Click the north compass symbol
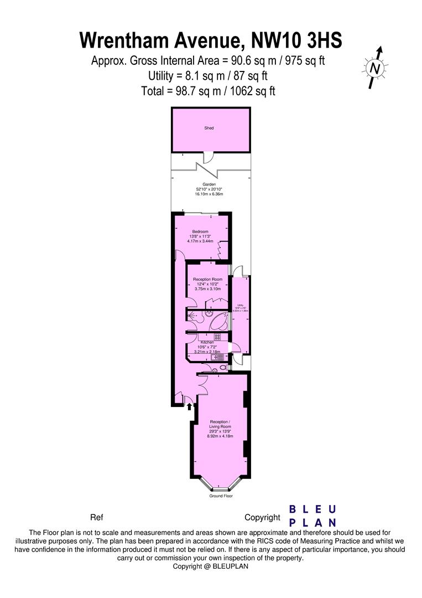coord(376,68)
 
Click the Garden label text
coord(209,184)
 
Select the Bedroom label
coord(200,231)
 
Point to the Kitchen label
coord(207,343)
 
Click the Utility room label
coord(241,305)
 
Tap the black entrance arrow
coord(190,406)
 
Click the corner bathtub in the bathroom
coord(220,321)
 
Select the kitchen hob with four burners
coord(217,336)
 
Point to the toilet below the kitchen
coord(222,367)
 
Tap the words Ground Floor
coord(221,496)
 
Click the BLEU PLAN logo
coord(313,515)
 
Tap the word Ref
coord(96,518)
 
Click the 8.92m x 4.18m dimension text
coord(220,436)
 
